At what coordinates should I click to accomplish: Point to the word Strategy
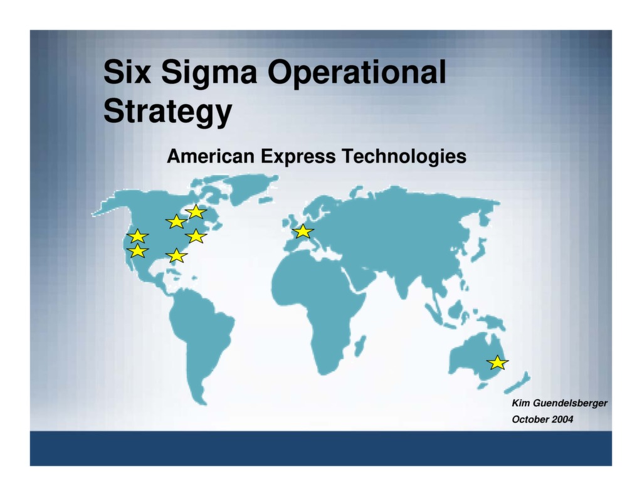(x=167, y=112)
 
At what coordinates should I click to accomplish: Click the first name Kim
(x=520, y=403)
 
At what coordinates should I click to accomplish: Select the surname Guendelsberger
(x=569, y=403)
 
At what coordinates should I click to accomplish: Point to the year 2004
(x=562, y=419)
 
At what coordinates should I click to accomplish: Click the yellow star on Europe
(x=303, y=231)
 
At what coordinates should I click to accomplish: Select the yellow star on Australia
(x=497, y=362)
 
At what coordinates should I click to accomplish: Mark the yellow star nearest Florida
(x=177, y=255)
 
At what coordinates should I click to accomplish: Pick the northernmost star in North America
(x=196, y=211)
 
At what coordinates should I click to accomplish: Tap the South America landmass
(x=201, y=339)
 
